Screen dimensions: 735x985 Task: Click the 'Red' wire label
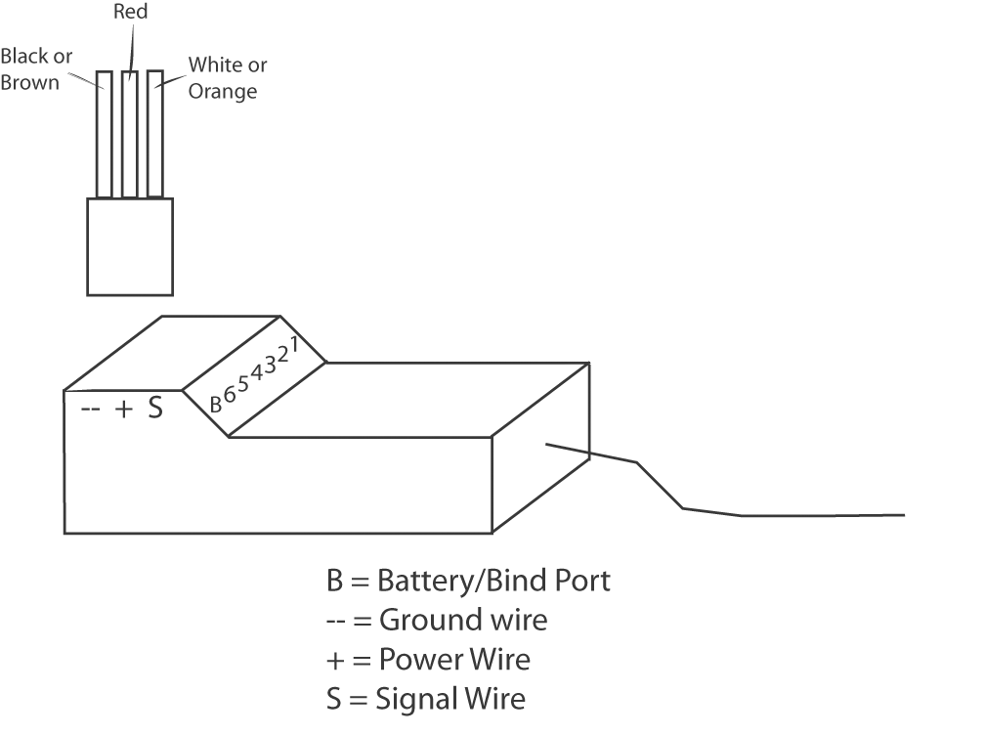coord(130,13)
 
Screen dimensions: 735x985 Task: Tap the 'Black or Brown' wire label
coord(36,69)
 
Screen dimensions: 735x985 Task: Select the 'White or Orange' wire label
coord(227,78)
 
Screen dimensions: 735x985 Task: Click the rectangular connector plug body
coord(130,246)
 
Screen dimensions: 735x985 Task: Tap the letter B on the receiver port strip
coord(217,402)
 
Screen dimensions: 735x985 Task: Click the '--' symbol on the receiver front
coord(90,410)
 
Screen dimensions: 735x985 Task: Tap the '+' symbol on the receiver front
coord(124,410)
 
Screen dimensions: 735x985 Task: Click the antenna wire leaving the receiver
coord(743,515)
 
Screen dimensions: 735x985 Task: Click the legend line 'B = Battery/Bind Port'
coord(468,581)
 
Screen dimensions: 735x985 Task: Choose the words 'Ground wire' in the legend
coord(463,620)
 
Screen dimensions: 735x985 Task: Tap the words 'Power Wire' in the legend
coord(454,659)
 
